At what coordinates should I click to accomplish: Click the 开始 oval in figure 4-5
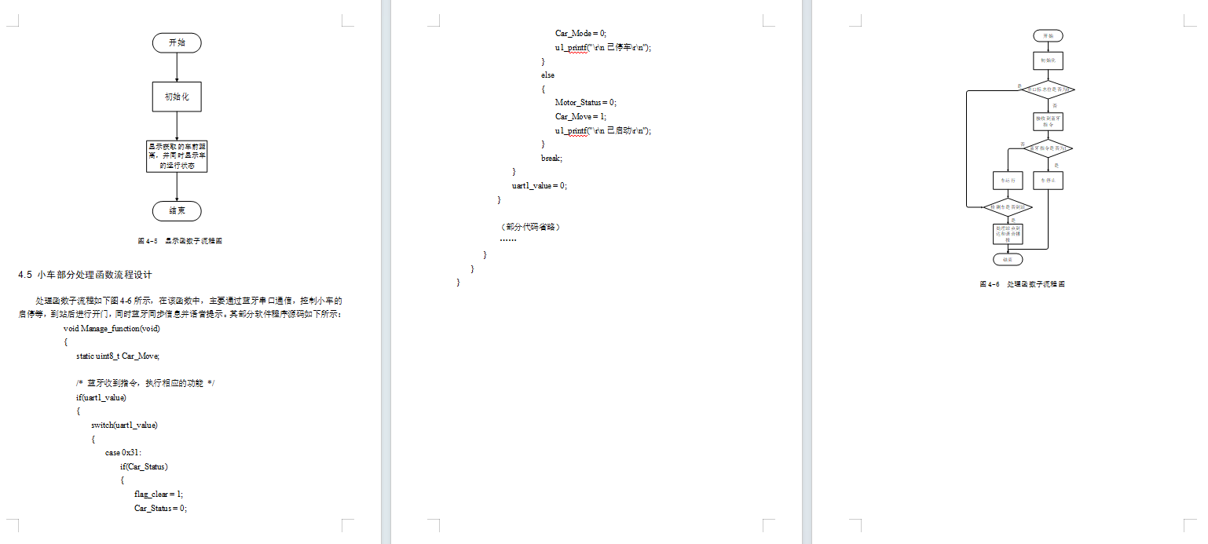coord(177,43)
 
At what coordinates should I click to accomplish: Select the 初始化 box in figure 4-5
coord(177,97)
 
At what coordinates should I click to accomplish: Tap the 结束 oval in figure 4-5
coord(177,211)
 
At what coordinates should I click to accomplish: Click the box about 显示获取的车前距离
coord(177,156)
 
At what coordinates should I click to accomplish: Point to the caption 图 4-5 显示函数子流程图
coord(180,241)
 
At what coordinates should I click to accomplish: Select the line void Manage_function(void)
coord(112,328)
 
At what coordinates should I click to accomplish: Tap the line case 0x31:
coord(123,453)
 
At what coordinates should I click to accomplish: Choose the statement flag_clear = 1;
coord(159,495)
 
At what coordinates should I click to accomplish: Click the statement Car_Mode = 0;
coord(580,33)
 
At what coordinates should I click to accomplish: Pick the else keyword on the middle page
coord(547,75)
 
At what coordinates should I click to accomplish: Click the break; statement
coord(551,158)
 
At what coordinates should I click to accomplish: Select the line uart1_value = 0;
coord(539,185)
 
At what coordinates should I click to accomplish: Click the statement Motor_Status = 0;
coord(586,102)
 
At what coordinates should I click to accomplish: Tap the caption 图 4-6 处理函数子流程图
coord(1022,284)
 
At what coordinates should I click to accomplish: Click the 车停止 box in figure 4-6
coord(1048,181)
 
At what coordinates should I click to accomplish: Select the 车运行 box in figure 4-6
coord(1008,181)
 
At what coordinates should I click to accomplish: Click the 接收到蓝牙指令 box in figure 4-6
coord(1048,121)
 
